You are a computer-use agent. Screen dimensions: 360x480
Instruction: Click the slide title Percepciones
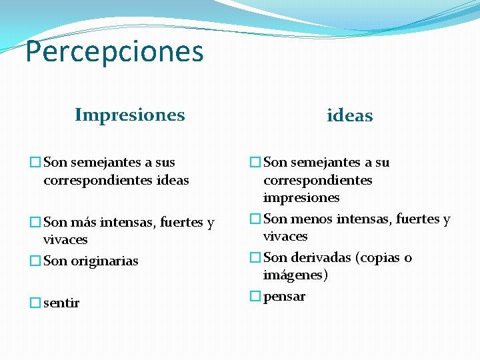coord(114,51)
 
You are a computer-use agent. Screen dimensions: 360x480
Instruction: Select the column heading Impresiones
coord(130,115)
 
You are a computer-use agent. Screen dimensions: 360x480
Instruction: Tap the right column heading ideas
coord(349,116)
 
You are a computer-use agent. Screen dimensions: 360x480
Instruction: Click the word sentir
coord(61,303)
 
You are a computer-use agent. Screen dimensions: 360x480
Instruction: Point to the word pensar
coord(284,297)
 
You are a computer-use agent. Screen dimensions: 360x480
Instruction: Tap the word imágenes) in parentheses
coord(295,275)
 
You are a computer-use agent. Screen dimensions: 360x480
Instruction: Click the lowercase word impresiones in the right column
coord(301,198)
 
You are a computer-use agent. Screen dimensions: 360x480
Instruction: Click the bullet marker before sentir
coord(35,303)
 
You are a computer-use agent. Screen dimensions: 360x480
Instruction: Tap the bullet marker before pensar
coord(255,297)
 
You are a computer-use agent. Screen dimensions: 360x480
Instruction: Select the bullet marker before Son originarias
coord(35,261)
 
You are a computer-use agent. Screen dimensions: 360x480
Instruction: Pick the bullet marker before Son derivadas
coord(255,258)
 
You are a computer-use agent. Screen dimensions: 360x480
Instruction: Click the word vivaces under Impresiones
coord(65,240)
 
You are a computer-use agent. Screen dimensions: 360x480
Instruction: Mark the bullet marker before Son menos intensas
coord(255,219)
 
